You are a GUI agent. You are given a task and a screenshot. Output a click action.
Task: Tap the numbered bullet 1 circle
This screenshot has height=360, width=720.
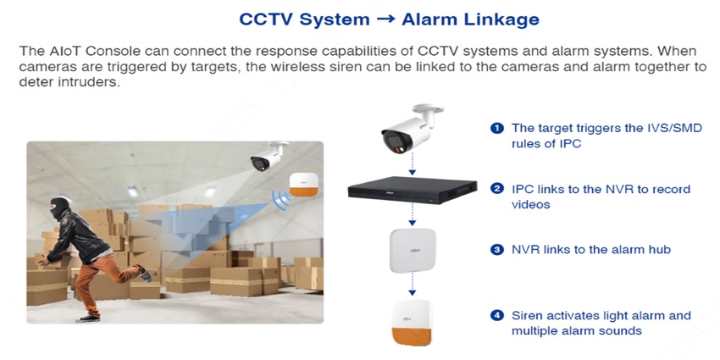point(497,129)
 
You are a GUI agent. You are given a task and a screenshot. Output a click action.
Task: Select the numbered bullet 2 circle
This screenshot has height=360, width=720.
point(497,189)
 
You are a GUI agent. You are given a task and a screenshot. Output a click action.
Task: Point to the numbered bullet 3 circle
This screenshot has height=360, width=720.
point(497,250)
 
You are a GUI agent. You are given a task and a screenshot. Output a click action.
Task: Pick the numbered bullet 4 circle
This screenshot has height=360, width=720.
point(497,316)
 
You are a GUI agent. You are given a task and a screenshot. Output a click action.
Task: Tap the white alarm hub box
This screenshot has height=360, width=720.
point(413,250)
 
